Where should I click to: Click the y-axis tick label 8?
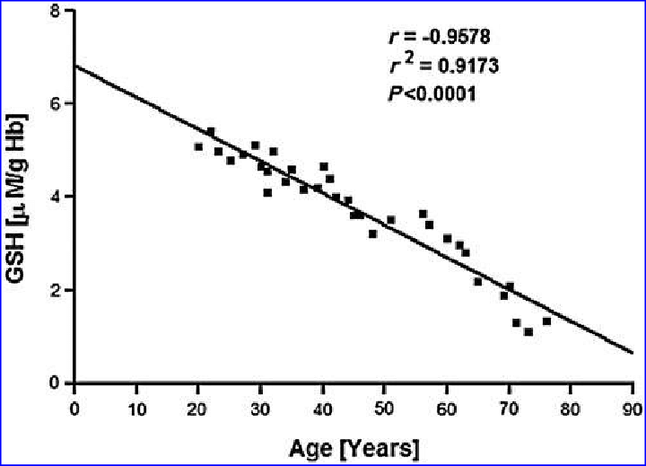56,11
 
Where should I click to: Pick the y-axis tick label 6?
56,103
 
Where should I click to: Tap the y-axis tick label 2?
56,290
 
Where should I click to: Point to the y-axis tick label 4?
56,197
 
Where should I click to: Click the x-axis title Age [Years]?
353,445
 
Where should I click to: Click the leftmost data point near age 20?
198,146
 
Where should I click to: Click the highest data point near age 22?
211,132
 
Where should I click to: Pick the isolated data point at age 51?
391,219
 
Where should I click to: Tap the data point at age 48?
372,233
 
